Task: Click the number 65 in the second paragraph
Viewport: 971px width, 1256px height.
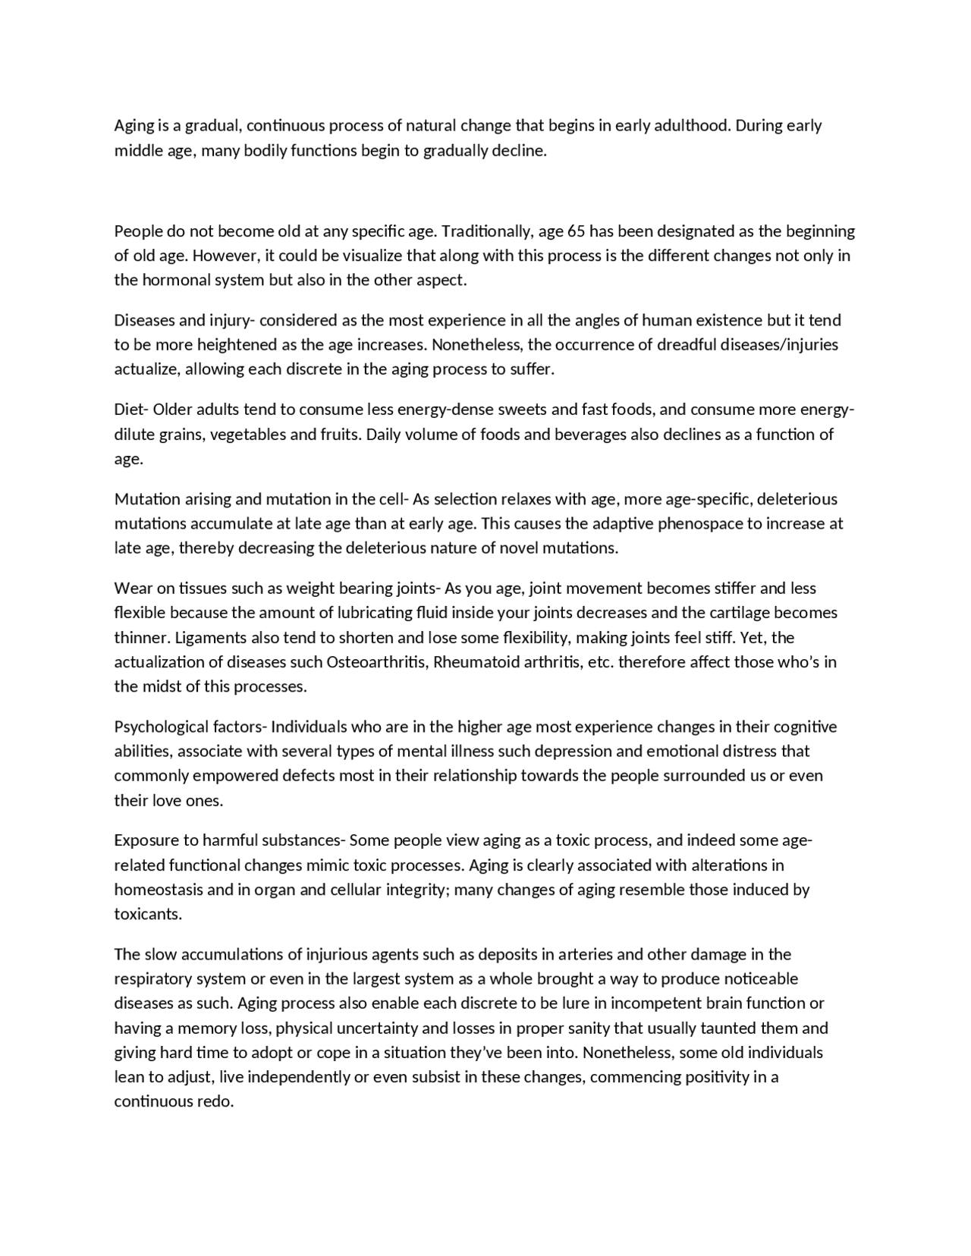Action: click(576, 231)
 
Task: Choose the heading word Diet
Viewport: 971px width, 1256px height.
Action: click(129, 410)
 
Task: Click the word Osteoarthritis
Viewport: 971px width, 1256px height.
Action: click(376, 661)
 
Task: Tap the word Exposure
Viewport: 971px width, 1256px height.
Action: click(145, 840)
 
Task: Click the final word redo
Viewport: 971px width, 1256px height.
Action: click(215, 1101)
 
